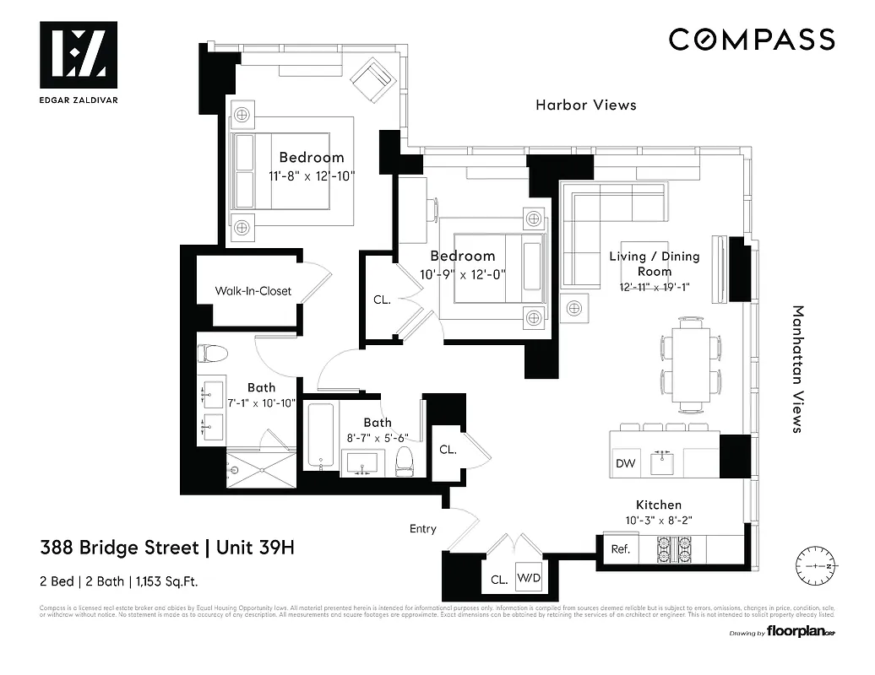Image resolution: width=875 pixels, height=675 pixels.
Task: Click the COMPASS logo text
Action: [x=752, y=40]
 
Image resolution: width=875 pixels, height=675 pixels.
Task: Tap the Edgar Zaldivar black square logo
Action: [x=79, y=55]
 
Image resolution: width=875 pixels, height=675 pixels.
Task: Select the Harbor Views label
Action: [x=585, y=105]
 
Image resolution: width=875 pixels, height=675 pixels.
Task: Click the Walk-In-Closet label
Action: [x=253, y=291]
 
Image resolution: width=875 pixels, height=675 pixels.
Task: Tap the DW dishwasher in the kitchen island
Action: [x=625, y=463]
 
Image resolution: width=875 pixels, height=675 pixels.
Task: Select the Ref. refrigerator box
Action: [x=620, y=549]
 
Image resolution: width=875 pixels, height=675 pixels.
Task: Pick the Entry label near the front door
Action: [x=423, y=529]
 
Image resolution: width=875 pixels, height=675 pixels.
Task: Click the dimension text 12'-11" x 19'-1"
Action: [x=655, y=287]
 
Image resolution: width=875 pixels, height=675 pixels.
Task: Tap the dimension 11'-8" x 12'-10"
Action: [x=312, y=176]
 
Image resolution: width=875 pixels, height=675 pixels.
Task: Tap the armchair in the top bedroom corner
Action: [x=372, y=80]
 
